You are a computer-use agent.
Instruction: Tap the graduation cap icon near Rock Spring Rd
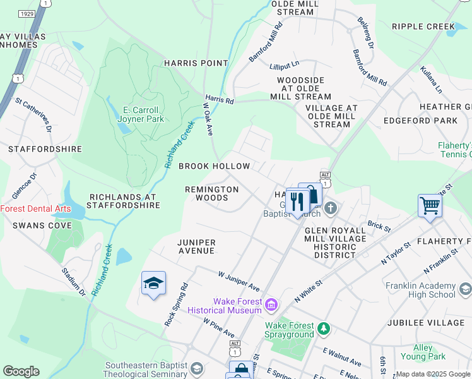point(153,284)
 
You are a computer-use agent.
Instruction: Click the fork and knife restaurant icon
point(297,202)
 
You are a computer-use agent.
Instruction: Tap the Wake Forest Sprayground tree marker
point(323,328)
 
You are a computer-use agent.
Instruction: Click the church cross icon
point(331,208)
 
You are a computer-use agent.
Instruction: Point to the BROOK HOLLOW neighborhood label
point(215,166)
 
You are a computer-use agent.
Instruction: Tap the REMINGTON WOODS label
point(212,193)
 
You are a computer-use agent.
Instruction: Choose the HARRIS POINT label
point(196,63)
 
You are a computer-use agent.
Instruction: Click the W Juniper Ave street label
point(239,281)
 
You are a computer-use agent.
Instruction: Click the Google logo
point(21,371)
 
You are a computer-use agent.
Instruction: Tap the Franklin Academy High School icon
point(465,289)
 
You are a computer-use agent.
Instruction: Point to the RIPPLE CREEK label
point(423,27)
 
